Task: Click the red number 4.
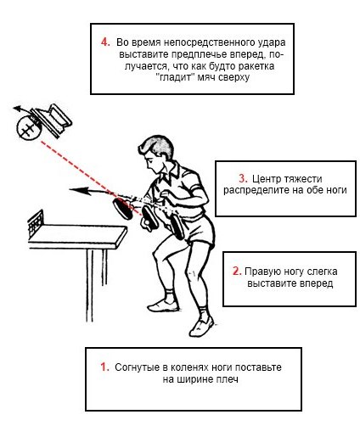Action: (x=105, y=42)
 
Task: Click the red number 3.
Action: (x=243, y=178)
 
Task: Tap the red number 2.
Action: (x=237, y=271)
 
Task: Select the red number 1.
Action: (x=105, y=367)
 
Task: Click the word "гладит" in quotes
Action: (x=176, y=77)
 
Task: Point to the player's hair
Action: (x=157, y=147)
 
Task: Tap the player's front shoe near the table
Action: (x=163, y=305)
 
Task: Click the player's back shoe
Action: (x=201, y=327)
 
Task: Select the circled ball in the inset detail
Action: (x=29, y=128)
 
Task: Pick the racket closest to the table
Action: (x=123, y=208)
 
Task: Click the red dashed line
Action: (x=92, y=178)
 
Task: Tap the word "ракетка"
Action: (x=256, y=66)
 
